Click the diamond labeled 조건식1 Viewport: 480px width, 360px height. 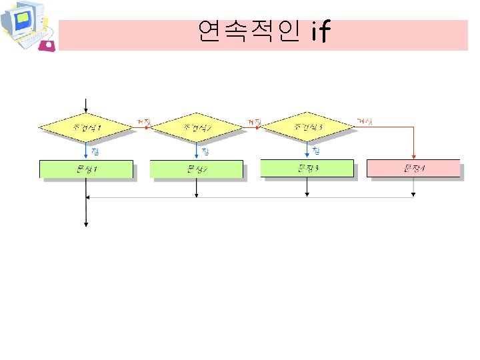coord(86,125)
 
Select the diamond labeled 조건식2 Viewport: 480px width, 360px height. coord(197,126)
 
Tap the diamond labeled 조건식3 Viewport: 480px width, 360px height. coord(307,125)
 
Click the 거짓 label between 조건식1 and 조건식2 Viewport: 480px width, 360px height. coord(143,121)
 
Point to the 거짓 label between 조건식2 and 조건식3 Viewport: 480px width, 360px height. coord(254,121)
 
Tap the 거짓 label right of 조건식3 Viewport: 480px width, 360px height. coord(365,121)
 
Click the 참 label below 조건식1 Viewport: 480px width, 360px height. coord(95,150)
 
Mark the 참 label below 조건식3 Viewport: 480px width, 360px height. coord(316,150)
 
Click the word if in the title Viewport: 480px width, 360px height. coord(320,31)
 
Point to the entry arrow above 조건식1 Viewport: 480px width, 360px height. coord(86,105)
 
